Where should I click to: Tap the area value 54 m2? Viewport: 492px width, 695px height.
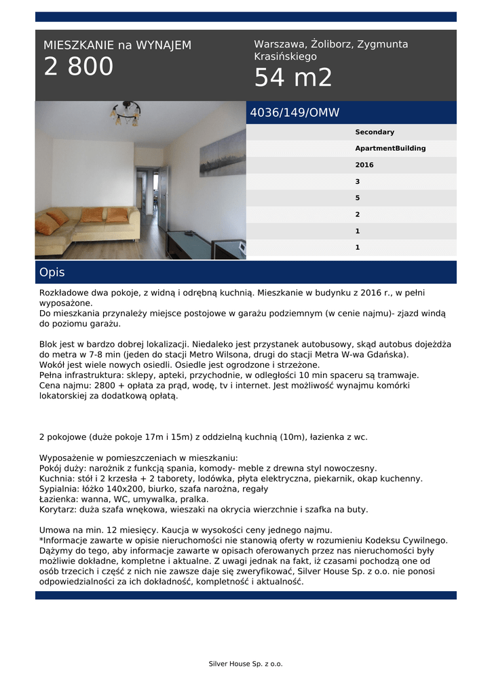point(293,78)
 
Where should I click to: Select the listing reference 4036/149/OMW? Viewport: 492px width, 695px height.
point(295,113)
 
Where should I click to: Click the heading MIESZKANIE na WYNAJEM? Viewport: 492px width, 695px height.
point(117,45)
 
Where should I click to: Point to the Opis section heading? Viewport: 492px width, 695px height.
point(52,272)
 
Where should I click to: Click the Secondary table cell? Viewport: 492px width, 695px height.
point(375,132)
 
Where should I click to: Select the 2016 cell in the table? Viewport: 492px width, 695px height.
point(364,165)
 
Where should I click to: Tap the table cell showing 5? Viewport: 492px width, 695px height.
point(358,198)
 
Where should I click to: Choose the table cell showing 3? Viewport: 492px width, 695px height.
point(358,182)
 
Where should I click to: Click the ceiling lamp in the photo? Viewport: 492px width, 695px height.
point(126,113)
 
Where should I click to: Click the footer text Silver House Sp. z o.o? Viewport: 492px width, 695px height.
point(246,664)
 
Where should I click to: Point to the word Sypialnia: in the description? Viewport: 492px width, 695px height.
point(60,489)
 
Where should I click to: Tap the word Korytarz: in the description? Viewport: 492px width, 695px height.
point(58,509)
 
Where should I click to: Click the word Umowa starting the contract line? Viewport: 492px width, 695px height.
point(54,530)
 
